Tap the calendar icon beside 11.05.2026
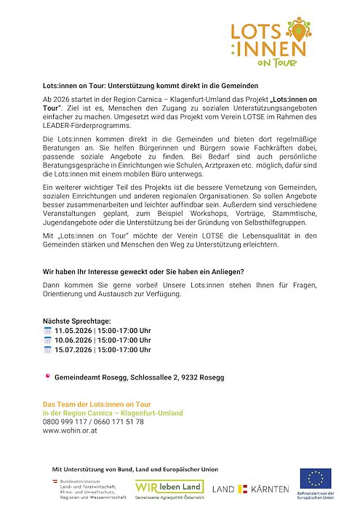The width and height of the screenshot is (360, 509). point(48,330)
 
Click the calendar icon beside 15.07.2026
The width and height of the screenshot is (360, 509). point(48,349)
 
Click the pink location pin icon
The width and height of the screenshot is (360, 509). point(48,377)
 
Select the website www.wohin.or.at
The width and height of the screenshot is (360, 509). point(71,431)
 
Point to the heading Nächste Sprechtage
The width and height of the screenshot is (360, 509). point(77,321)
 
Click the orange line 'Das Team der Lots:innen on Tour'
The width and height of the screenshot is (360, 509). point(97,404)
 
